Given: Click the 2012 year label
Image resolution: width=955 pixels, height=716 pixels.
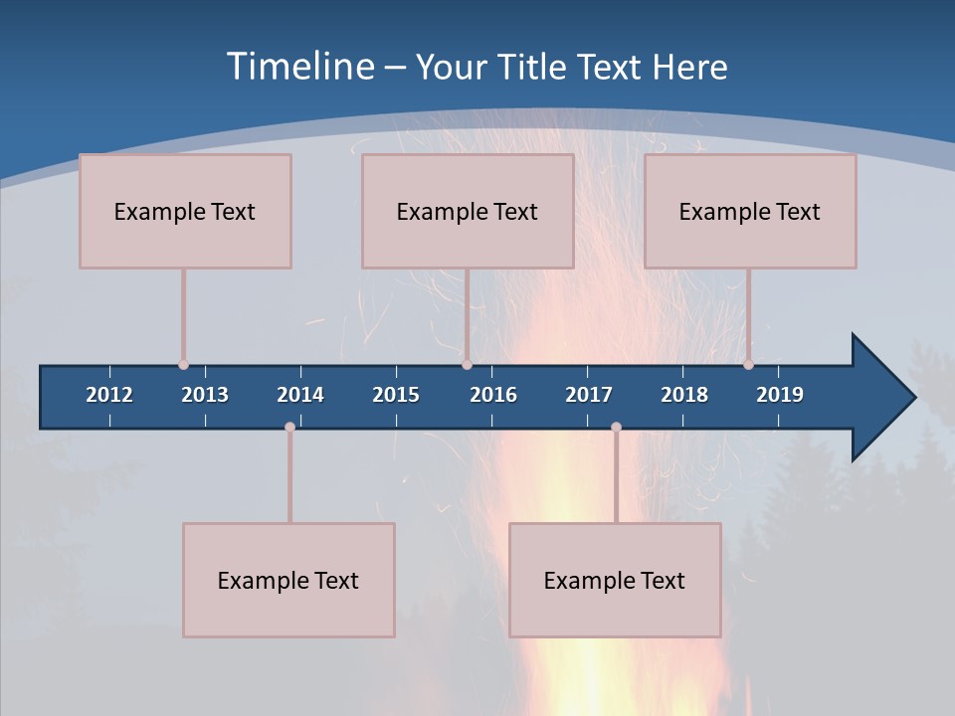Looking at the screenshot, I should coord(109,395).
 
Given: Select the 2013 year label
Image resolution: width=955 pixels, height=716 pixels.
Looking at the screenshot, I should coord(205,395).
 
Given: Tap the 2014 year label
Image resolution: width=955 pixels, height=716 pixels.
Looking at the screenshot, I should coord(300,395).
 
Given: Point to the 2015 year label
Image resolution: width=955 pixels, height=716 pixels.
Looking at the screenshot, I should coord(396,395).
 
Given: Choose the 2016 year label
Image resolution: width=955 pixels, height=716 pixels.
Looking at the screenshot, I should coord(493,395).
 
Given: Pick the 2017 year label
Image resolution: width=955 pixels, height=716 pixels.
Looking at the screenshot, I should coord(589,395).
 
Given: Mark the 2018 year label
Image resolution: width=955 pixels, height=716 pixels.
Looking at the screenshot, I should coord(684,395).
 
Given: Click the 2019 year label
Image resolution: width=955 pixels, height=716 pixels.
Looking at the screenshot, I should coord(780,395).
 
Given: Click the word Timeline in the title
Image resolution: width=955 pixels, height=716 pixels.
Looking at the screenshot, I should coord(299,67).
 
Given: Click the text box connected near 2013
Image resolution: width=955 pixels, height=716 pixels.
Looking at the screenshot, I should coord(185,211).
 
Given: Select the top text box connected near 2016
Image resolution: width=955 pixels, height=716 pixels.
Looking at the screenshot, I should coord(468,211).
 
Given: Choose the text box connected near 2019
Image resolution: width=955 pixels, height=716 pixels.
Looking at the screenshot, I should coord(750,211).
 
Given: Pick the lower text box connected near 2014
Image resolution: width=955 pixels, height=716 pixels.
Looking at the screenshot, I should coord(288,580).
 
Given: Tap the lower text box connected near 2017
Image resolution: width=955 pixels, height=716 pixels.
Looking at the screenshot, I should coord(615,580).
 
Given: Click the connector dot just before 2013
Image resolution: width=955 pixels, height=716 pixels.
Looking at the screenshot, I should coord(183,365).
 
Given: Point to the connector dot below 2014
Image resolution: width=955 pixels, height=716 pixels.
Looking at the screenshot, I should coord(289,428).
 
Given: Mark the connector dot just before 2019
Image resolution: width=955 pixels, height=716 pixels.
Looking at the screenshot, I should coord(748,365).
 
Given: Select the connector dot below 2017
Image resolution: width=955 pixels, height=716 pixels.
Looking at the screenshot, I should coord(616,428).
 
